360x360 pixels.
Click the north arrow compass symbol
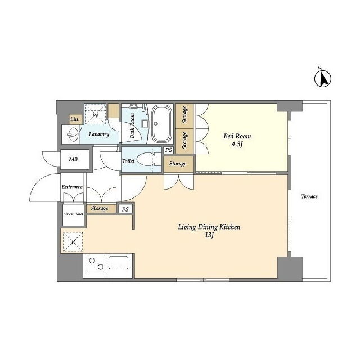pyautogui.click(x=322, y=78)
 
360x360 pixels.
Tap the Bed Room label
pyautogui.click(x=237, y=136)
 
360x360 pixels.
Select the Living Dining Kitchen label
pyautogui.click(x=209, y=227)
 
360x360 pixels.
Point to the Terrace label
pyautogui.click(x=309, y=196)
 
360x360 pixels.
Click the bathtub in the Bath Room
pyautogui.click(x=162, y=124)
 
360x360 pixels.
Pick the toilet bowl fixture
pyautogui.click(x=146, y=159)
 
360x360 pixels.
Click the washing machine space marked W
pyautogui.click(x=96, y=114)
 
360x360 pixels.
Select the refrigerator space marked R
pyautogui.click(x=73, y=242)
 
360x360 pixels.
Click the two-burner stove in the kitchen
pyautogui.click(x=96, y=263)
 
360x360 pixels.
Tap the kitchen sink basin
pyautogui.click(x=118, y=263)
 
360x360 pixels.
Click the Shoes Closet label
pyautogui.click(x=73, y=214)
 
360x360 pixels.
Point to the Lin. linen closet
pyautogui.click(x=75, y=119)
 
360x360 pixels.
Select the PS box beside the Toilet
pyautogui.click(x=169, y=150)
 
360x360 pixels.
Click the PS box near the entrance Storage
pyautogui.click(x=125, y=209)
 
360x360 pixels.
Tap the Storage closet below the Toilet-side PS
pyautogui.click(x=178, y=164)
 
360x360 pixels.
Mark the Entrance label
pyautogui.click(x=72, y=187)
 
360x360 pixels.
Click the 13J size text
pyautogui.click(x=210, y=235)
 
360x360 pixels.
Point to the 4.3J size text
pyautogui.click(x=237, y=145)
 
